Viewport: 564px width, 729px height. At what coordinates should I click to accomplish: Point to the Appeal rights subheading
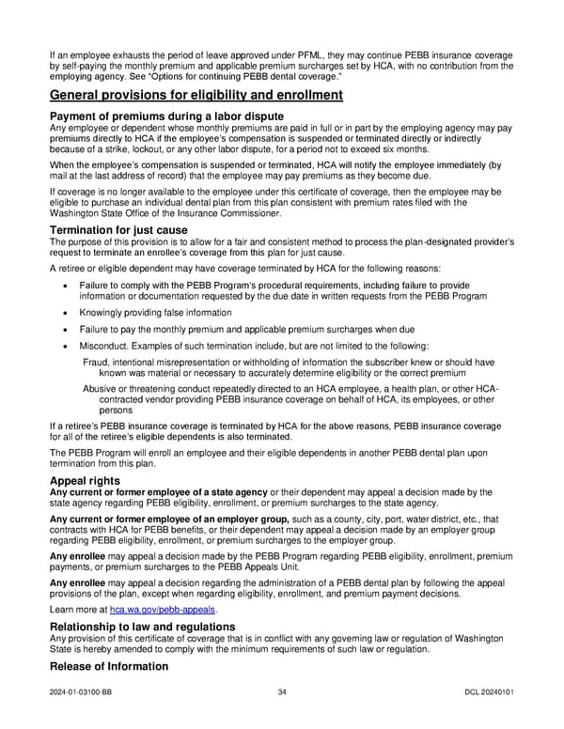(86, 481)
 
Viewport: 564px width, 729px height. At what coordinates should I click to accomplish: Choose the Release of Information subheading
(108, 666)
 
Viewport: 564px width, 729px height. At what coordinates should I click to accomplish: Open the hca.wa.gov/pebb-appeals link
(163, 610)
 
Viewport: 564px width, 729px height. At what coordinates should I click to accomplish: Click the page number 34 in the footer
(282, 693)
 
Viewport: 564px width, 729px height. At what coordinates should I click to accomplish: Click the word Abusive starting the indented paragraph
(101, 390)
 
